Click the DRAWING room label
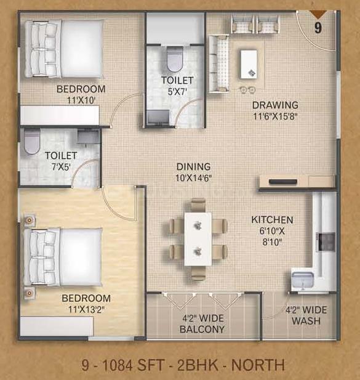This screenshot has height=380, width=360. click(275, 105)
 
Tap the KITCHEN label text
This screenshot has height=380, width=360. click(272, 220)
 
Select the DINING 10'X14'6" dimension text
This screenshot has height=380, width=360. click(193, 179)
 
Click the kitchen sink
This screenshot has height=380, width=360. click(303, 280)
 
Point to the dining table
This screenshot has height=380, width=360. click(198, 239)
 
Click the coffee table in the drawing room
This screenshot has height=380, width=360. click(249, 64)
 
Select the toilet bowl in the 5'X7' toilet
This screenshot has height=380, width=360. click(175, 58)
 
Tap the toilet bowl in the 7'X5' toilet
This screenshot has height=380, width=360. click(32, 142)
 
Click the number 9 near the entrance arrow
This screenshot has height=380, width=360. click(318, 28)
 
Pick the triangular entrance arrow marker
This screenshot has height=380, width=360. click(318, 15)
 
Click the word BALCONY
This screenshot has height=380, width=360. click(202, 329)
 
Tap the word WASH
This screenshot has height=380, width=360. click(306, 321)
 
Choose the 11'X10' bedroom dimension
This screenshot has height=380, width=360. click(81, 100)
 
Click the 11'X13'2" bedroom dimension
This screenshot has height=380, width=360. click(86, 309)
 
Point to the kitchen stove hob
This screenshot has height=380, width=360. click(326, 242)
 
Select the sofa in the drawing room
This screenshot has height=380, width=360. click(219, 63)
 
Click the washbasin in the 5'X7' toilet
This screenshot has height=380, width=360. click(159, 117)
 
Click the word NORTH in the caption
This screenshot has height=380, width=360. click(258, 365)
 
